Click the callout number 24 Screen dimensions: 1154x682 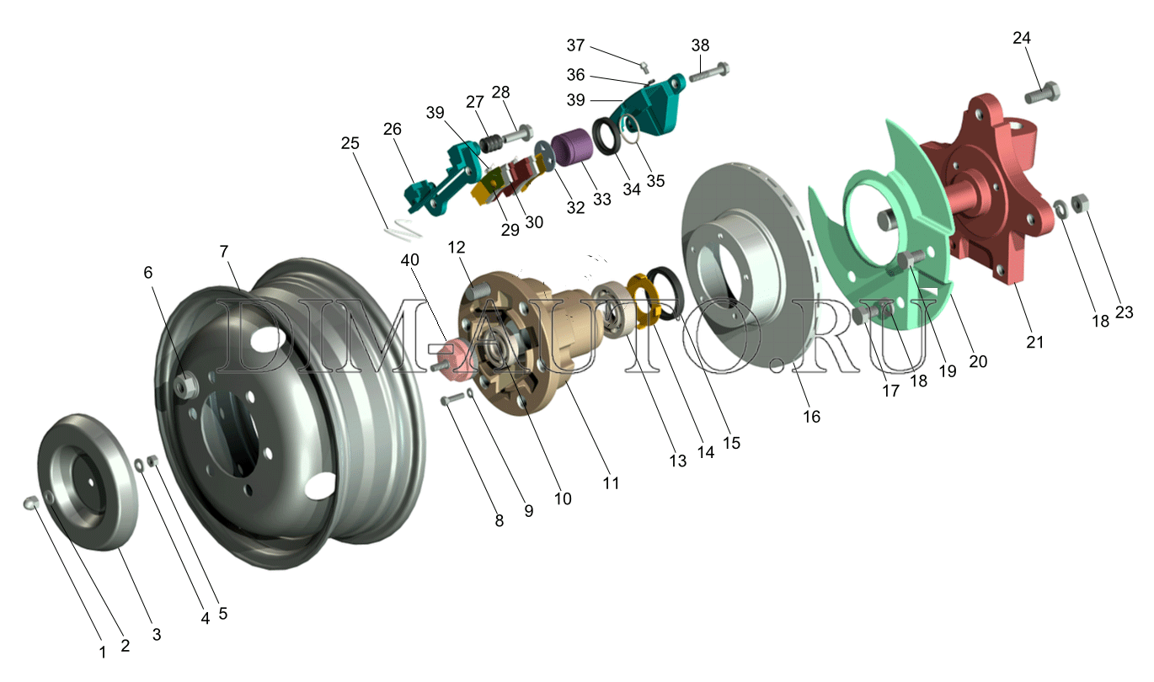tap(1022, 38)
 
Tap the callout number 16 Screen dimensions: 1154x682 tap(811, 417)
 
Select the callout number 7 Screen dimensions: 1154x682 tap(223, 252)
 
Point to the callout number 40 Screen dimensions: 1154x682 tap(410, 260)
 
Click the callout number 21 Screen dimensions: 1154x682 tap(1035, 342)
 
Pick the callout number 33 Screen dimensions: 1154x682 tap(601, 200)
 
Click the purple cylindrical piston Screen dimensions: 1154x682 tap(572, 148)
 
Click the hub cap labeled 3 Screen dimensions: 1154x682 tap(88, 482)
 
